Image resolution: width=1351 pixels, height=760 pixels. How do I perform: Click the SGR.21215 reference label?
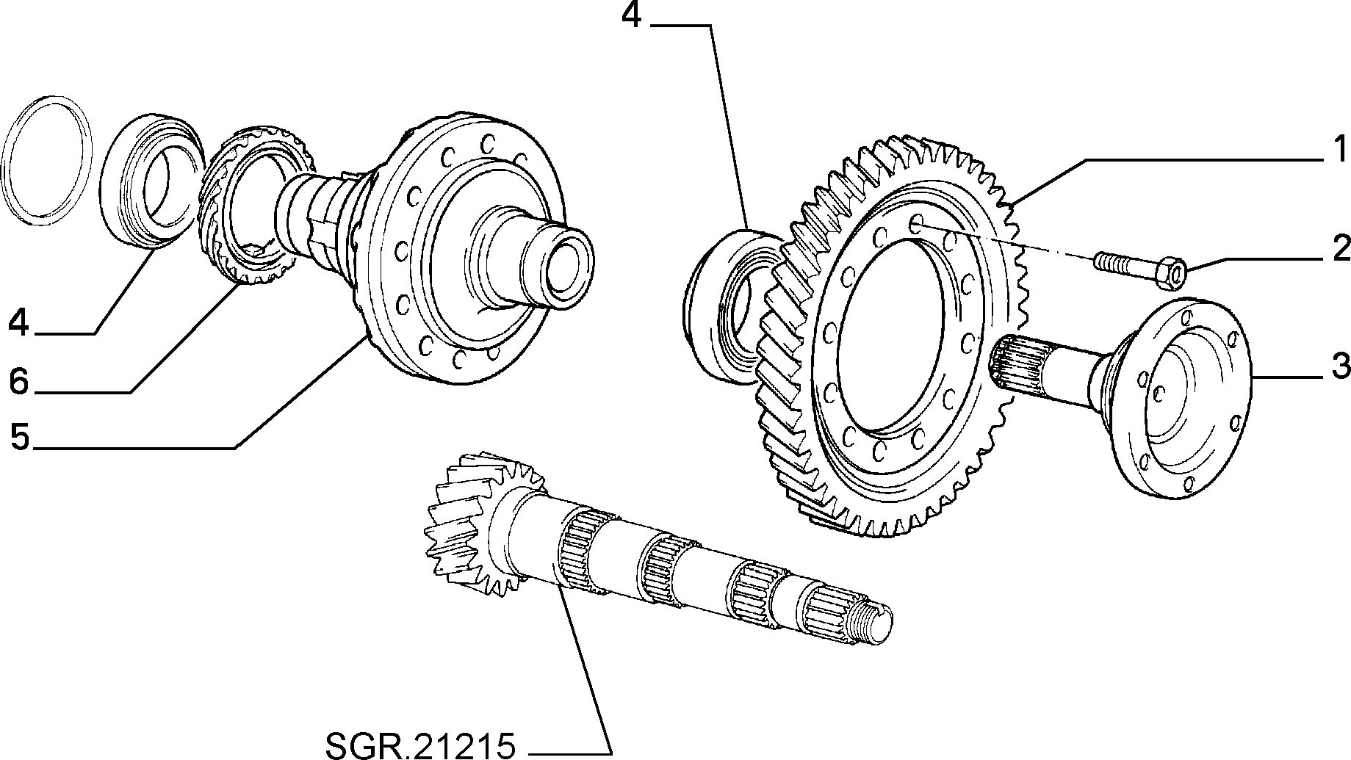[420, 745]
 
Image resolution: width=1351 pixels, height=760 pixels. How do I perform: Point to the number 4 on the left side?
[20, 323]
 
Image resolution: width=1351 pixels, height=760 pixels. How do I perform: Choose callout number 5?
[20, 437]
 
